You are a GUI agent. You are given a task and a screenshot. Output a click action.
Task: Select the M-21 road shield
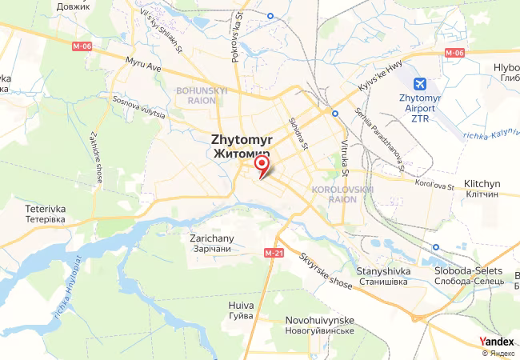pos(274,254)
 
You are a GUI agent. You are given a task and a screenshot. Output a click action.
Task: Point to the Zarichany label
pos(211,243)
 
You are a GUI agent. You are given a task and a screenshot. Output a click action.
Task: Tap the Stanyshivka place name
pos(383,276)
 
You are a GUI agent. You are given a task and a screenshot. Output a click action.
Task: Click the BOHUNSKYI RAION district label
pos(202,96)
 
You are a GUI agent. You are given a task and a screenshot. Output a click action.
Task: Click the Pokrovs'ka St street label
pos(237,35)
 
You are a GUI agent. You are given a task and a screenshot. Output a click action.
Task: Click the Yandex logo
pos(497,342)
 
